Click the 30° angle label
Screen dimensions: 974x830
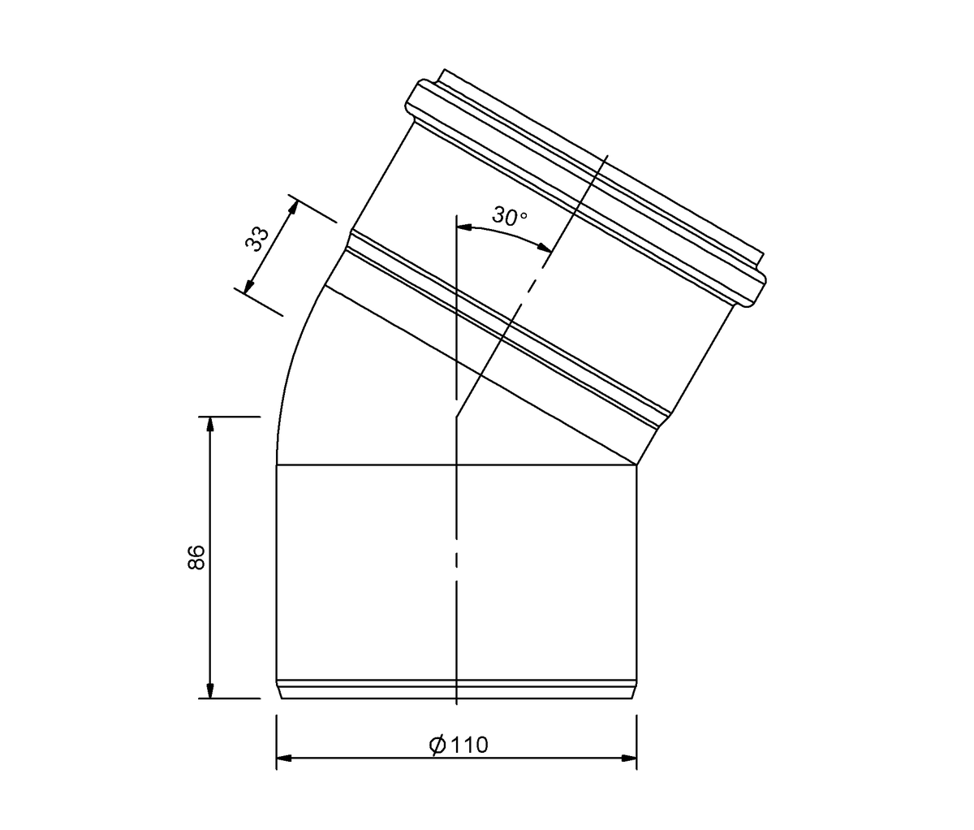click(510, 216)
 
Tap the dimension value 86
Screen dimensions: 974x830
click(196, 557)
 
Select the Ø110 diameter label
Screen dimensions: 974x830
click(459, 745)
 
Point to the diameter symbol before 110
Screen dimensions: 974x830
click(437, 745)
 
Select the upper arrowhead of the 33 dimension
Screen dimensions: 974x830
click(294, 209)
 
